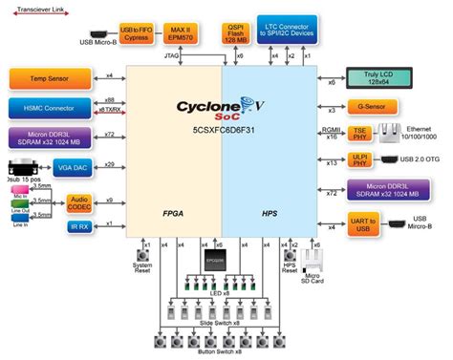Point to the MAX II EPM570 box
click(x=179, y=33)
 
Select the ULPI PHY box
click(x=362, y=161)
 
